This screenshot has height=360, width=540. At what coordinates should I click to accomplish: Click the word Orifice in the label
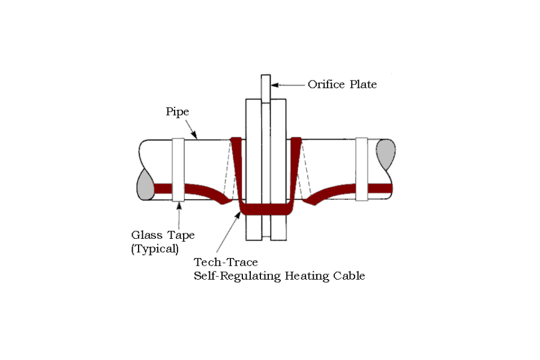tap(326, 85)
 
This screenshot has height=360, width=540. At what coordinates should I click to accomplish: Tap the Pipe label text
tap(178, 112)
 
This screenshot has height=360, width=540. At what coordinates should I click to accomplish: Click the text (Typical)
tap(155, 249)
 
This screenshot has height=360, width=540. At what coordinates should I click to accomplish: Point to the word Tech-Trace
tap(226, 262)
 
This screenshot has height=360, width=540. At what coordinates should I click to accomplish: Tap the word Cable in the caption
tap(349, 275)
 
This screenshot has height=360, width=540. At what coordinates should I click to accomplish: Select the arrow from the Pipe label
tap(191, 129)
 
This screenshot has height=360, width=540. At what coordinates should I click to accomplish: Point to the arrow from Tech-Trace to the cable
tap(228, 232)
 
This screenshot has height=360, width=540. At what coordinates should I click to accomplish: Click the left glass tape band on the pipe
tap(178, 170)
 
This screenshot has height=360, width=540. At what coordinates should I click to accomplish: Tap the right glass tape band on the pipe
tap(362, 169)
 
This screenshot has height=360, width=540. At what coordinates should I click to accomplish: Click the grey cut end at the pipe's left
tap(146, 185)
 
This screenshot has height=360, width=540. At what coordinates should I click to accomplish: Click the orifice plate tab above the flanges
tap(266, 88)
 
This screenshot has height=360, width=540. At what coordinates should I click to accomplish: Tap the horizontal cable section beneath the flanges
tap(266, 209)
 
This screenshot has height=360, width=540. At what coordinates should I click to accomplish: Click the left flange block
tap(254, 169)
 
